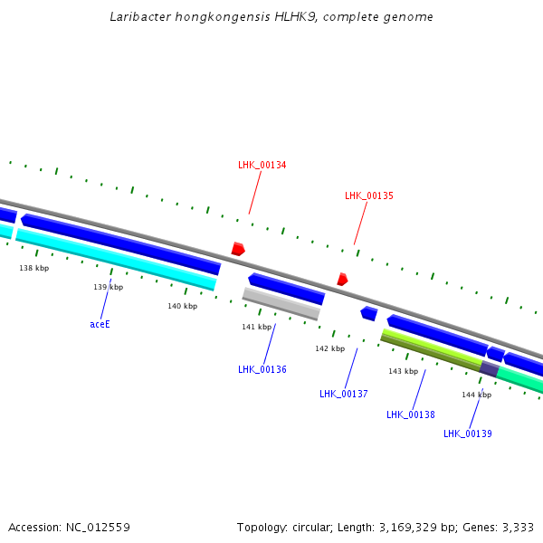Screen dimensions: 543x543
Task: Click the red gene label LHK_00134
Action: (262, 165)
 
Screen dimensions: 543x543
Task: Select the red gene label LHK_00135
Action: (369, 195)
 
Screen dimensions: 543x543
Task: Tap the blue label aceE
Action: (100, 324)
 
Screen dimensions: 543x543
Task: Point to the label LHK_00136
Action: (262, 369)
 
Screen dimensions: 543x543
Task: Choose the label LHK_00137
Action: (344, 394)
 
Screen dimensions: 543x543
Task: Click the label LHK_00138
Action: (411, 414)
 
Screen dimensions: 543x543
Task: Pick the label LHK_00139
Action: (468, 433)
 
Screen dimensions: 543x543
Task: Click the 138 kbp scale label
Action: (34, 268)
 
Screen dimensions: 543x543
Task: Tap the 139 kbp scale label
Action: (109, 287)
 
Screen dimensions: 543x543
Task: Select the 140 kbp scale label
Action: (182, 306)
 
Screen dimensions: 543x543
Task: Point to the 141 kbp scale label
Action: (256, 327)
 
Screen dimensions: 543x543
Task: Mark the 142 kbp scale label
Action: (329, 348)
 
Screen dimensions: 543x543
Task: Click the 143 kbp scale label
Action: (404, 371)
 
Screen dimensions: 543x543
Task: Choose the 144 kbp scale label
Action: (477, 395)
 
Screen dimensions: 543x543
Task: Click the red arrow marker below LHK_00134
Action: (238, 249)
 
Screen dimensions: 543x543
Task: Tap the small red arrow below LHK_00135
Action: (342, 280)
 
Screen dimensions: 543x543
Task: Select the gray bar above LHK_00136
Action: (281, 303)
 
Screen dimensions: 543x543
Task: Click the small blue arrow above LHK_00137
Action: (368, 313)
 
